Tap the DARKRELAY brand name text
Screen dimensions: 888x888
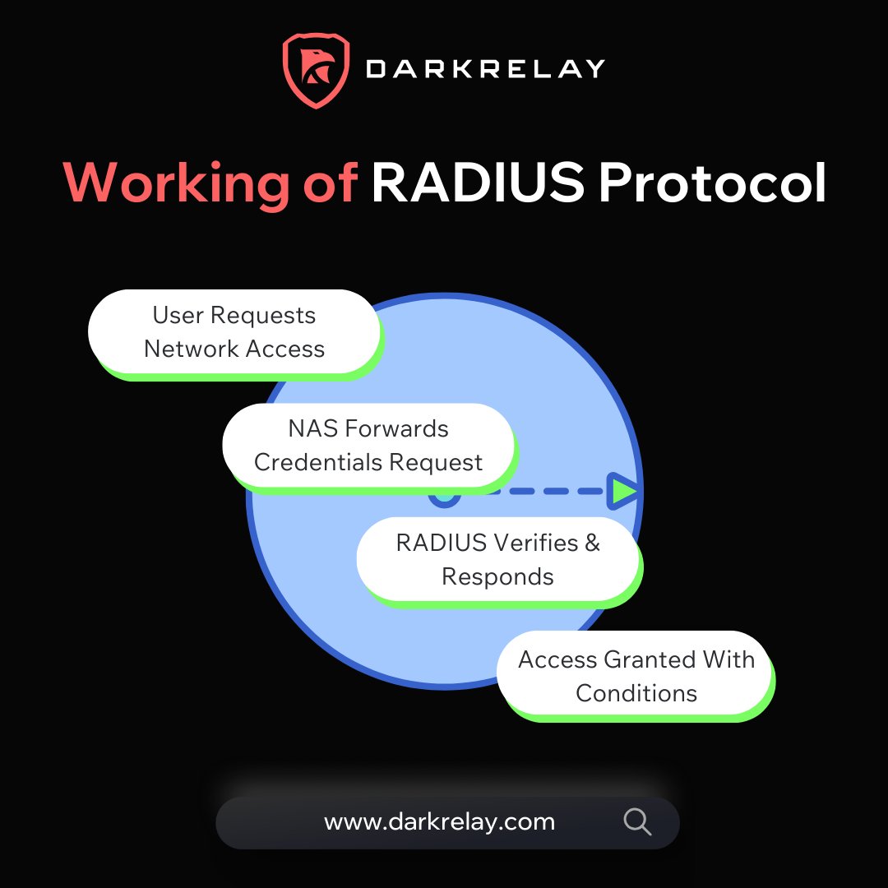(x=486, y=69)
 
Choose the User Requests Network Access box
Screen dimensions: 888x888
(x=234, y=332)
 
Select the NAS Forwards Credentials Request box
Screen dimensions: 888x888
(x=368, y=446)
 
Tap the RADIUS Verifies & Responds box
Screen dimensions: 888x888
(x=497, y=560)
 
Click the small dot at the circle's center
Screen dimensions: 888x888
(x=444, y=496)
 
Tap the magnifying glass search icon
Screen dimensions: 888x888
(x=637, y=821)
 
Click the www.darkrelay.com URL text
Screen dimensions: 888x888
(x=439, y=821)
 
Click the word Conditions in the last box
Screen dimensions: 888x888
(x=636, y=692)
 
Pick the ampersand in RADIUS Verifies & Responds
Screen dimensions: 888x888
(x=593, y=543)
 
